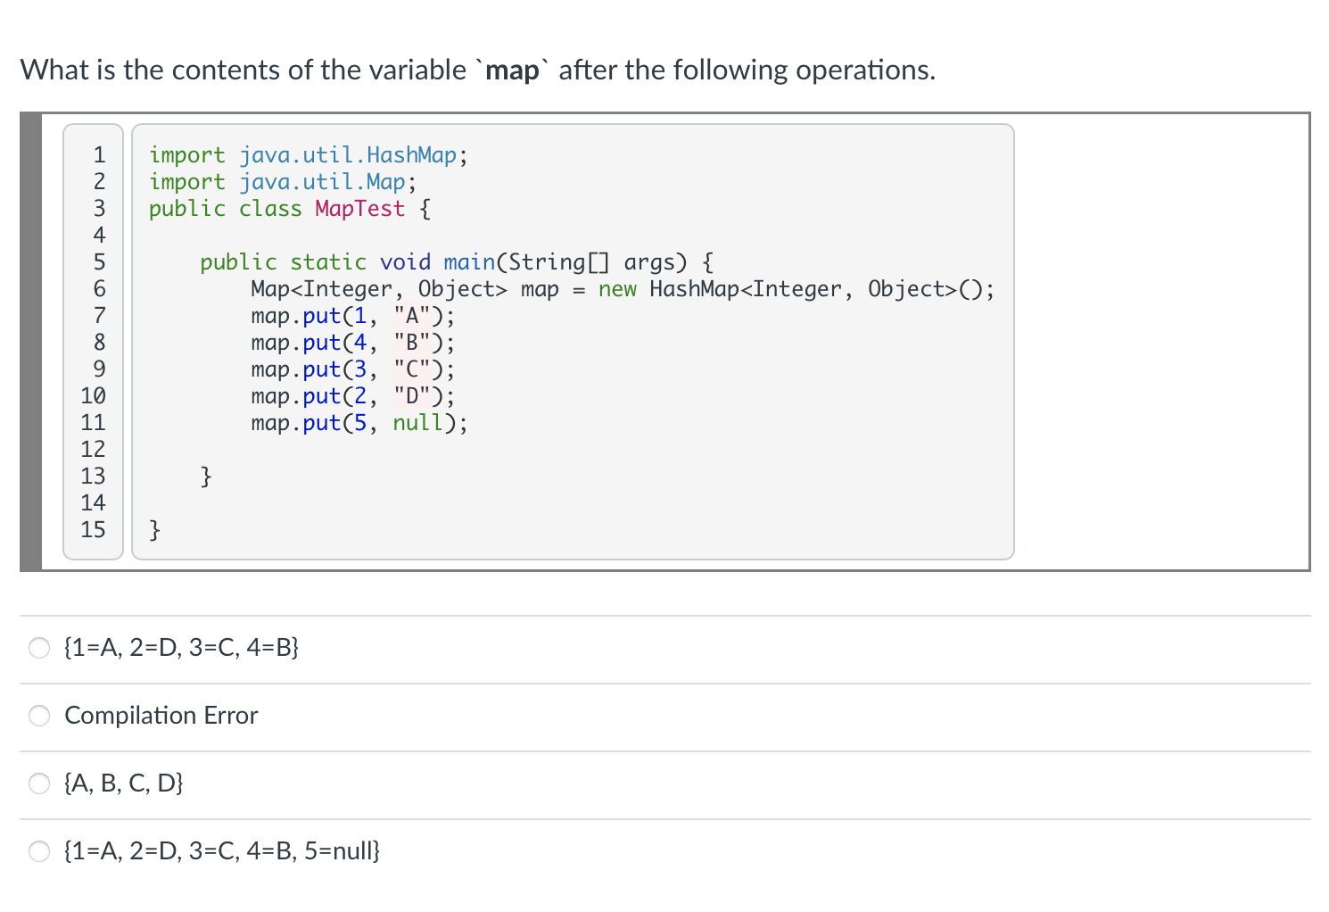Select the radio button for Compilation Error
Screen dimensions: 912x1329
pos(39,716)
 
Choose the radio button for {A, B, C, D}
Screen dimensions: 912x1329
pos(39,783)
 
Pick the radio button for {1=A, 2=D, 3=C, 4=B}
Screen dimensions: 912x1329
pos(39,648)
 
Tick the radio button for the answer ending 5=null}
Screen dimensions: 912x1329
pos(39,851)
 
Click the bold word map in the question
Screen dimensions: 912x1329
pos(513,70)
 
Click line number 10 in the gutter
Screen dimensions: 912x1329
pos(93,396)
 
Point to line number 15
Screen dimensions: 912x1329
pos(93,530)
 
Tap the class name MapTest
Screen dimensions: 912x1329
pos(359,209)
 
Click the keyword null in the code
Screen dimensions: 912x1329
pos(418,423)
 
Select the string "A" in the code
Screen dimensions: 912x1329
pos(411,316)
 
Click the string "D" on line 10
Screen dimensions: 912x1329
pos(411,396)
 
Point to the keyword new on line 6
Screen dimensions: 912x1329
pos(617,289)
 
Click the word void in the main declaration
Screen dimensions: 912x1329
pos(405,262)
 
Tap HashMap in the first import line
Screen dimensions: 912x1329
pos(411,155)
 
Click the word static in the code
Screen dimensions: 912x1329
pos(328,262)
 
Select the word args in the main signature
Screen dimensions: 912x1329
pos(656,262)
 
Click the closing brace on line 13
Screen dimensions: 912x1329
pos(206,477)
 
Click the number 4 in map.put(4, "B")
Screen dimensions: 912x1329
pos(360,343)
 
